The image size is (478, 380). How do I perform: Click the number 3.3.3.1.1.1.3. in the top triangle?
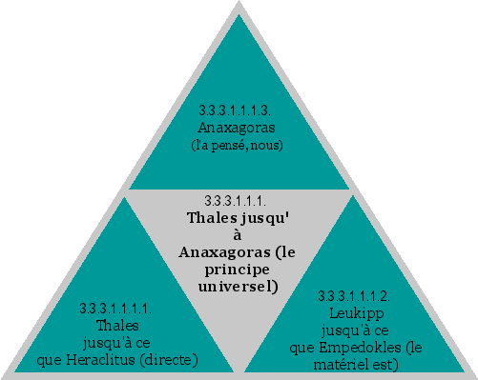tap(239, 110)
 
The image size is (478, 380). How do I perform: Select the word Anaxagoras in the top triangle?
tap(239, 127)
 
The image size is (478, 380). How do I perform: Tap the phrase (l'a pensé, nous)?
tap(239, 144)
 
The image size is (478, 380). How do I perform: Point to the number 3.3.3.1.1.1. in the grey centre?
tap(236, 200)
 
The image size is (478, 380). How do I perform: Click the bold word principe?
tap(239, 269)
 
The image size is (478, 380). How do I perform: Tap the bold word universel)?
tap(239, 285)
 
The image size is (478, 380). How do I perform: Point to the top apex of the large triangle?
tap(239, 6)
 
